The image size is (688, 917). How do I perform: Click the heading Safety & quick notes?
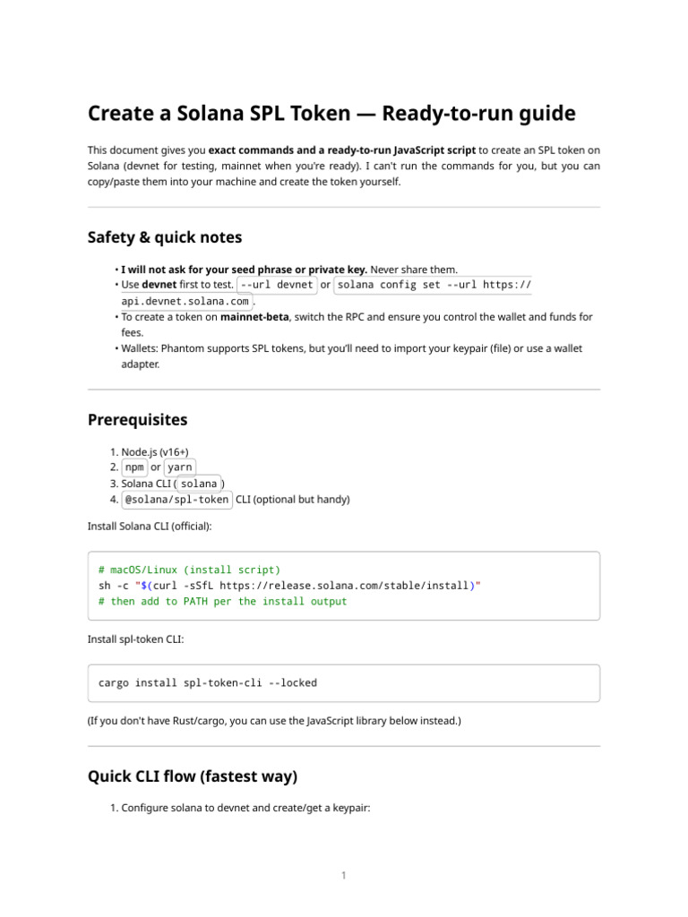pyautogui.click(x=165, y=237)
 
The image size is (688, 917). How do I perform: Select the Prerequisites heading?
pyautogui.click(x=137, y=420)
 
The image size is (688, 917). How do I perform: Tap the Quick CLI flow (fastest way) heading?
pyautogui.click(x=193, y=776)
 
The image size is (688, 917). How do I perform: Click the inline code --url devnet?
pyautogui.click(x=278, y=285)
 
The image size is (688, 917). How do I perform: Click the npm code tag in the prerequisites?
pyautogui.click(x=133, y=467)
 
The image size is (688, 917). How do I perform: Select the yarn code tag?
pyautogui.click(x=179, y=467)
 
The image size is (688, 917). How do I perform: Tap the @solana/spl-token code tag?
pyautogui.click(x=176, y=500)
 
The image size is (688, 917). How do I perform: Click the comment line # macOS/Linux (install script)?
pyautogui.click(x=189, y=570)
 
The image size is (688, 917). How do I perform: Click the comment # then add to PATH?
pyautogui.click(x=222, y=602)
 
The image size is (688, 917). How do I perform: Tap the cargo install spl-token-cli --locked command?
pyautogui.click(x=208, y=682)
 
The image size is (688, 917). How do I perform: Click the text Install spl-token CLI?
pyautogui.click(x=134, y=639)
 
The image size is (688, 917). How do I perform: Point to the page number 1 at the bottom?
pyautogui.click(x=343, y=876)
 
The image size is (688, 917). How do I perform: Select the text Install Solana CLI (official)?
pyautogui.click(x=150, y=526)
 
